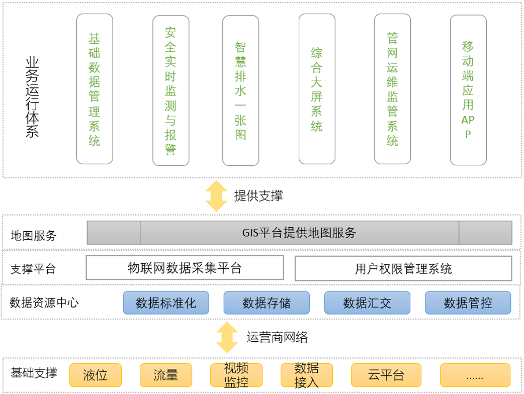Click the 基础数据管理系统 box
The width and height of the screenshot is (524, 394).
point(95,89)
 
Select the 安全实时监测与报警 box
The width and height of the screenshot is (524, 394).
point(170,90)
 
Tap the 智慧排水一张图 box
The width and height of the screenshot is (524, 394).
point(241,90)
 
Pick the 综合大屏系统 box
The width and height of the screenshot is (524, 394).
point(317,89)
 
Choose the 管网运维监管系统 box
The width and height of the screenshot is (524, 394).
point(392,89)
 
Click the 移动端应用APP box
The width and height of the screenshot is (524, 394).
point(468,90)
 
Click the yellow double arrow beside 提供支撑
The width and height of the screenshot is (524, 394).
point(217,196)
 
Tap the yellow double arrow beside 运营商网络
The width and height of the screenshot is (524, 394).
point(227,337)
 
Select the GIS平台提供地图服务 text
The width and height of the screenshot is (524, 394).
point(299,233)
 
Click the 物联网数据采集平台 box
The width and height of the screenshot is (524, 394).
point(185,268)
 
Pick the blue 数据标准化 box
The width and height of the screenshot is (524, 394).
point(166,303)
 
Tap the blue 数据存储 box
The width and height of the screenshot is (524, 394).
point(267,303)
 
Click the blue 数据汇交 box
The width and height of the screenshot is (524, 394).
point(367,303)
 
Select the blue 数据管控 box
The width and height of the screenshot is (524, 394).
point(468,303)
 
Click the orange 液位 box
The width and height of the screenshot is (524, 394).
point(96,375)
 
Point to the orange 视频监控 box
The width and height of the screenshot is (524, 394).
point(236,375)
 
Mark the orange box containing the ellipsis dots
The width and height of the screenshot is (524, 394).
point(475,375)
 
